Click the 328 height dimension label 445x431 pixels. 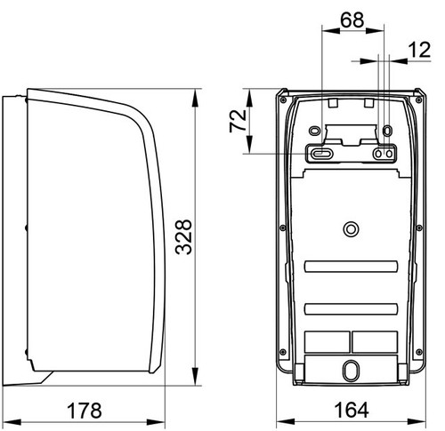183,237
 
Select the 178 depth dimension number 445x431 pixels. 85,411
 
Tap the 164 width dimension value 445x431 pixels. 352,410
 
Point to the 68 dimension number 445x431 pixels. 352,20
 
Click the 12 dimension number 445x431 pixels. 419,50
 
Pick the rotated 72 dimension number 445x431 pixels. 238,121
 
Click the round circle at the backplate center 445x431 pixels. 351,229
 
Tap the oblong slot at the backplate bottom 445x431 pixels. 351,370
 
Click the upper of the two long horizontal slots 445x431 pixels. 351,267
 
